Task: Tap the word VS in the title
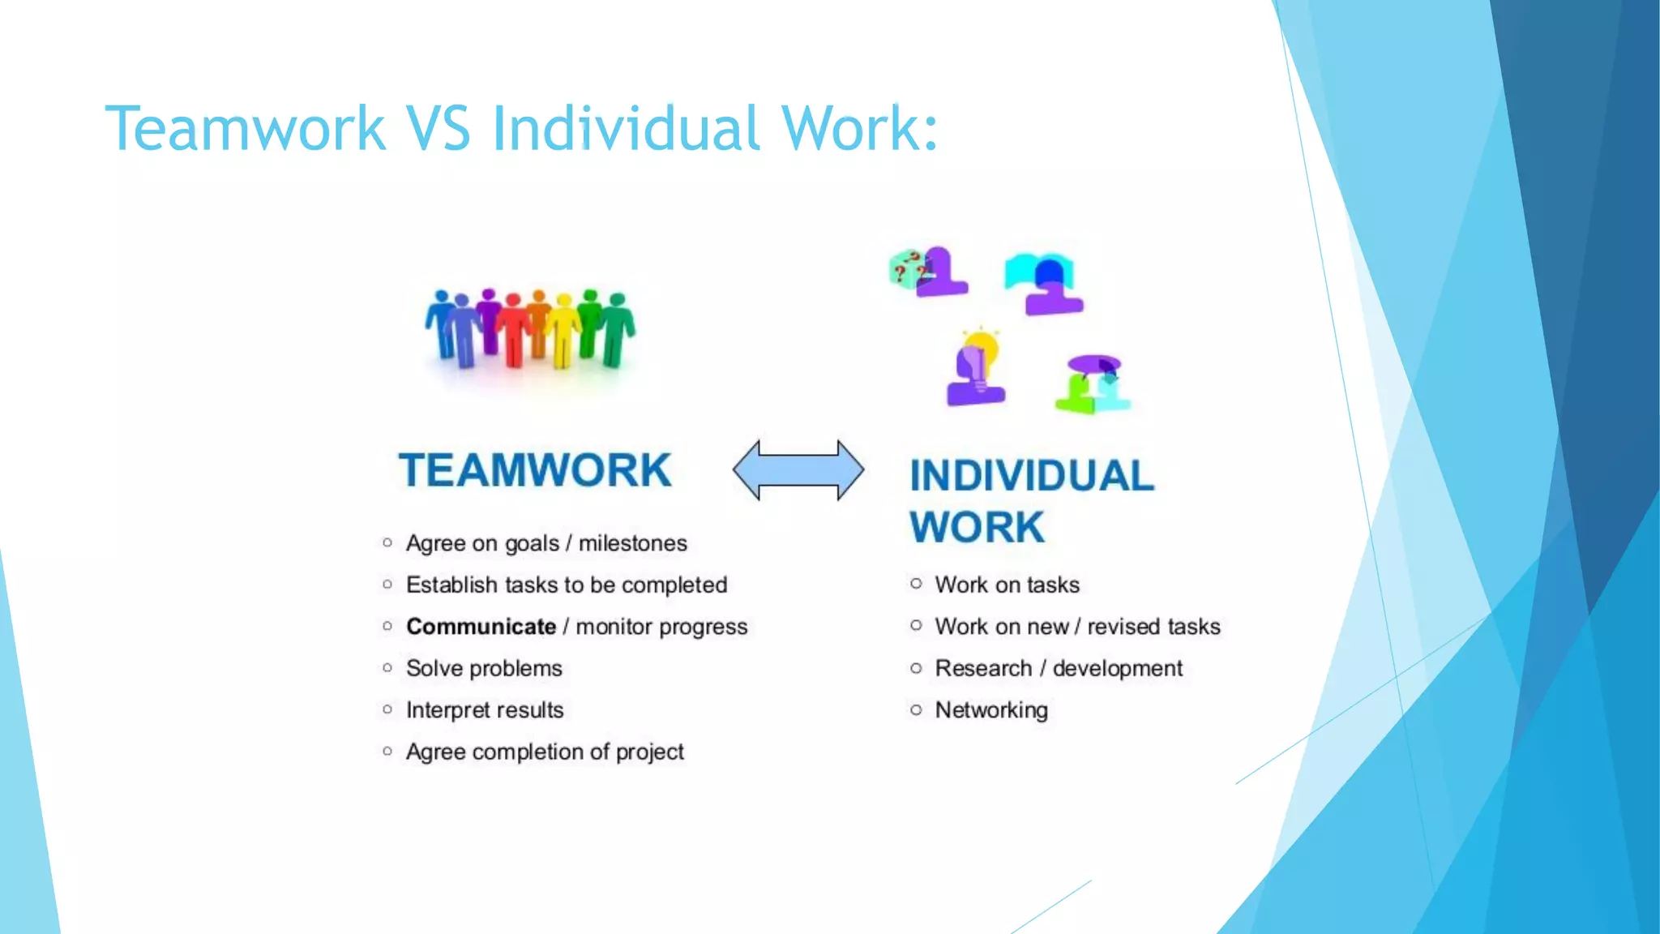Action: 438,128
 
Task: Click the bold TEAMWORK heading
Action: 535,470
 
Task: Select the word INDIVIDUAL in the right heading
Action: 1031,476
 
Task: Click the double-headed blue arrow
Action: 798,470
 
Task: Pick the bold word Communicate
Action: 481,627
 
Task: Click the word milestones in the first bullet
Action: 632,543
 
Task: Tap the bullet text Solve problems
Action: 484,668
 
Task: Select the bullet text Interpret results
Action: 485,710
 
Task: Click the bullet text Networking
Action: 991,710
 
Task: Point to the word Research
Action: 983,668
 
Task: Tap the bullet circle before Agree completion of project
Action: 387,752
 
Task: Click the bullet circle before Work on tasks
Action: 916,584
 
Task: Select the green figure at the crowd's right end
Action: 618,328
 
